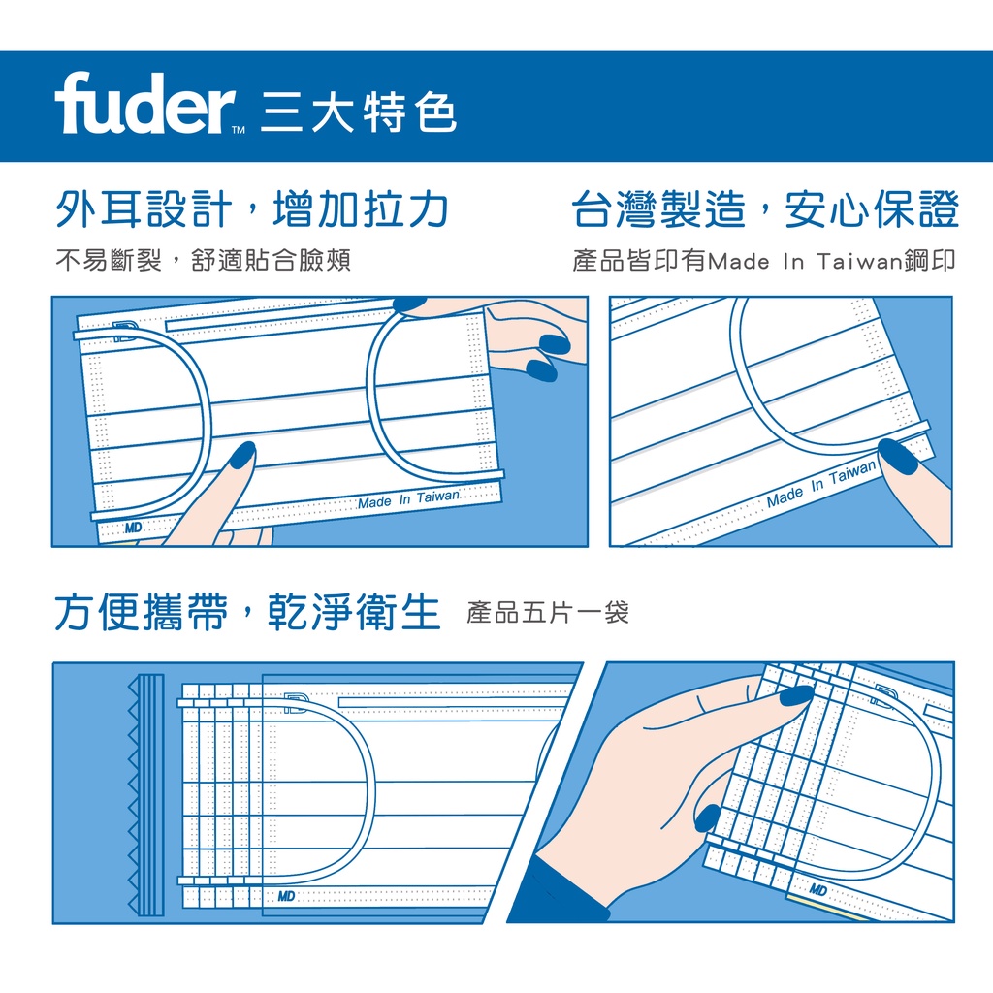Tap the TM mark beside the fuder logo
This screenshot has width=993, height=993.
point(239,131)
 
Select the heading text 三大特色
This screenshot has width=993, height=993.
point(359,112)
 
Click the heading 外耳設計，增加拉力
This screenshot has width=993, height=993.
point(252,209)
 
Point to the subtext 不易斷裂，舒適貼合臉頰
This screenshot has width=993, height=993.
point(204,260)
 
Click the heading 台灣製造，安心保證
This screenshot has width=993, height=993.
point(765,209)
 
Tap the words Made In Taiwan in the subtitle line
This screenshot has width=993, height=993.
point(805,261)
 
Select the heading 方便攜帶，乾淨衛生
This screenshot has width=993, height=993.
point(247,613)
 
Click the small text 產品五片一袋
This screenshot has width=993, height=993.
point(548,613)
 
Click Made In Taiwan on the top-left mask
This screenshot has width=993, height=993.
point(408,499)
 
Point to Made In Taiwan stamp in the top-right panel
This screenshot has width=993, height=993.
point(821,483)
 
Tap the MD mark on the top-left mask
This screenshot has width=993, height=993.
point(133,528)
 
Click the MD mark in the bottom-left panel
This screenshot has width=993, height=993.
point(286,896)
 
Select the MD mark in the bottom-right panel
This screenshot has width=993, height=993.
point(817,890)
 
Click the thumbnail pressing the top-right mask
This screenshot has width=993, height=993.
point(897,456)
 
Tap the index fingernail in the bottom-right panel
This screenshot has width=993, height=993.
point(796,695)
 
